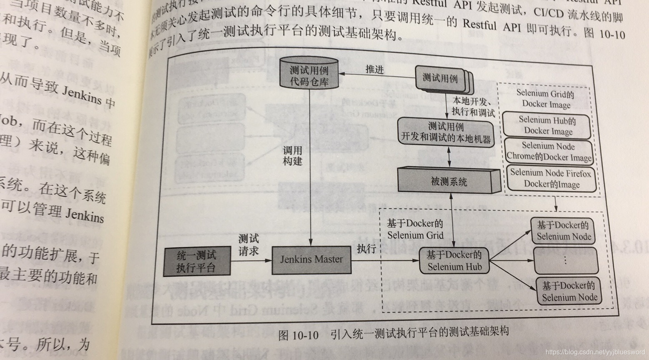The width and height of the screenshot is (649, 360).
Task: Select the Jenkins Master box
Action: (x=311, y=260)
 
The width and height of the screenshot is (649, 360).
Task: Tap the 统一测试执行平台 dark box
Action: (x=197, y=262)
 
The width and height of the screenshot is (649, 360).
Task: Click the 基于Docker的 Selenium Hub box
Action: (x=454, y=260)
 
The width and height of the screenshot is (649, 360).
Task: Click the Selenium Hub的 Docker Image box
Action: (x=547, y=125)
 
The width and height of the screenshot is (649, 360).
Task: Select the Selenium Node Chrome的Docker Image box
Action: (x=549, y=152)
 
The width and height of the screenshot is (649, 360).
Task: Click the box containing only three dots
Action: (x=565, y=261)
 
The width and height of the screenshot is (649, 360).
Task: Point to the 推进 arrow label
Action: (x=374, y=69)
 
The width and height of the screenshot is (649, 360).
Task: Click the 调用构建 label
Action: (x=292, y=156)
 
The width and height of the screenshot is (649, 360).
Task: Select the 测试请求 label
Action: (x=248, y=245)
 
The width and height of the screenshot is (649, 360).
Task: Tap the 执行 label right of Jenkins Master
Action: (x=366, y=249)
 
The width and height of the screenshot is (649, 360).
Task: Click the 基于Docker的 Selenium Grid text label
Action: (x=415, y=229)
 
